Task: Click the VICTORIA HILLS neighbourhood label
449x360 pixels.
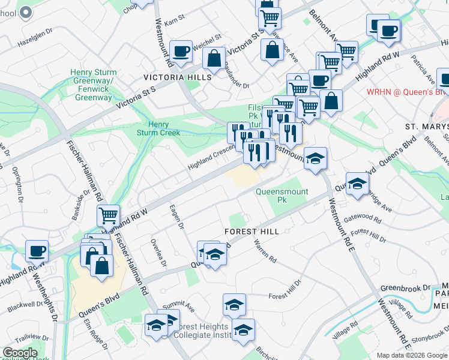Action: [177, 77]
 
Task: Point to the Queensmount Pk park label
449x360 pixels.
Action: [282, 196]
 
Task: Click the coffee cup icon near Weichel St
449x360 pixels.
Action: [181, 51]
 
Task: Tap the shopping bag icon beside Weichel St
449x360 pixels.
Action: [213, 59]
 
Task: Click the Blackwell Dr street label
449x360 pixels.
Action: [24, 306]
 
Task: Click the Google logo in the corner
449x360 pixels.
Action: [20, 353]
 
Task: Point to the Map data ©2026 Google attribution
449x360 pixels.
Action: [411, 355]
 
